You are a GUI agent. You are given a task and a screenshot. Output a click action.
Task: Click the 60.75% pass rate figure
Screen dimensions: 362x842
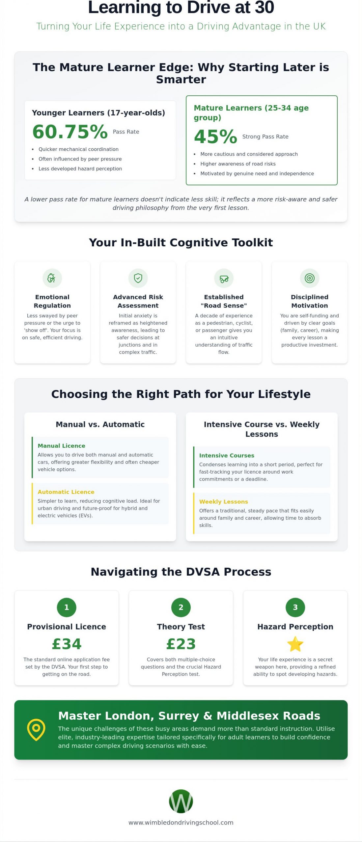(70, 132)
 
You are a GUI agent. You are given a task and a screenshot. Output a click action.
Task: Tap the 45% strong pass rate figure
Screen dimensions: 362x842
(215, 136)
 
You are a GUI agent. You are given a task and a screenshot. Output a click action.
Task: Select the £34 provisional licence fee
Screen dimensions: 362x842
(67, 644)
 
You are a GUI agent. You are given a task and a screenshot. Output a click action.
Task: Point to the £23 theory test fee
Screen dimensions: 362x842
(181, 644)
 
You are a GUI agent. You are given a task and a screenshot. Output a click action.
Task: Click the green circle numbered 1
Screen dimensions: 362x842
(67, 607)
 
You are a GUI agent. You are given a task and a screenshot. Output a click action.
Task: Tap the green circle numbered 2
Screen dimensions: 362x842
(181, 607)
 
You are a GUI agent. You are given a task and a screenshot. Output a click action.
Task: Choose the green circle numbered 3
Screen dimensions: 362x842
(295, 607)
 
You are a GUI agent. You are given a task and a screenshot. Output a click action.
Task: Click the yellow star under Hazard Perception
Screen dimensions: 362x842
(295, 644)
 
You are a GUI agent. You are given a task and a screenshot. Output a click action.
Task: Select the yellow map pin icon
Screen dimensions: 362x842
(36, 730)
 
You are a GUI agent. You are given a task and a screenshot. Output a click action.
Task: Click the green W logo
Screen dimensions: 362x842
(181, 801)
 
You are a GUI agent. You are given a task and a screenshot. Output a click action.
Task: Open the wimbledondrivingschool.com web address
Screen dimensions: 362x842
(181, 823)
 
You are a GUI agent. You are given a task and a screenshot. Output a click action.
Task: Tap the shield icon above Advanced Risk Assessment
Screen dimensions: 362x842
(138, 278)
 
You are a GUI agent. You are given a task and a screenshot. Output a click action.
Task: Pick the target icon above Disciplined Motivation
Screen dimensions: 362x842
(310, 278)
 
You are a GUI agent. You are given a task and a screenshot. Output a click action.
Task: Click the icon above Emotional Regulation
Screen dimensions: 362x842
(52, 278)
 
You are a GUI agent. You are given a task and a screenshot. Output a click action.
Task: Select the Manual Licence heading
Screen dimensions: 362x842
(61, 446)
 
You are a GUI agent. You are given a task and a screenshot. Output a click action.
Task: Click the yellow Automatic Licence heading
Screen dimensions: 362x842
(66, 492)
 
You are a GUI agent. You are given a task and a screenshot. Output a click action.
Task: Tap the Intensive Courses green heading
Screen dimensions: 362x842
(227, 456)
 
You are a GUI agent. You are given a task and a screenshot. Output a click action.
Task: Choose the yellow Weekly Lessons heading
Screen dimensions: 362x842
(224, 502)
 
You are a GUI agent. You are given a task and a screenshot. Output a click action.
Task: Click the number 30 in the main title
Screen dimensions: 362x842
(264, 7)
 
